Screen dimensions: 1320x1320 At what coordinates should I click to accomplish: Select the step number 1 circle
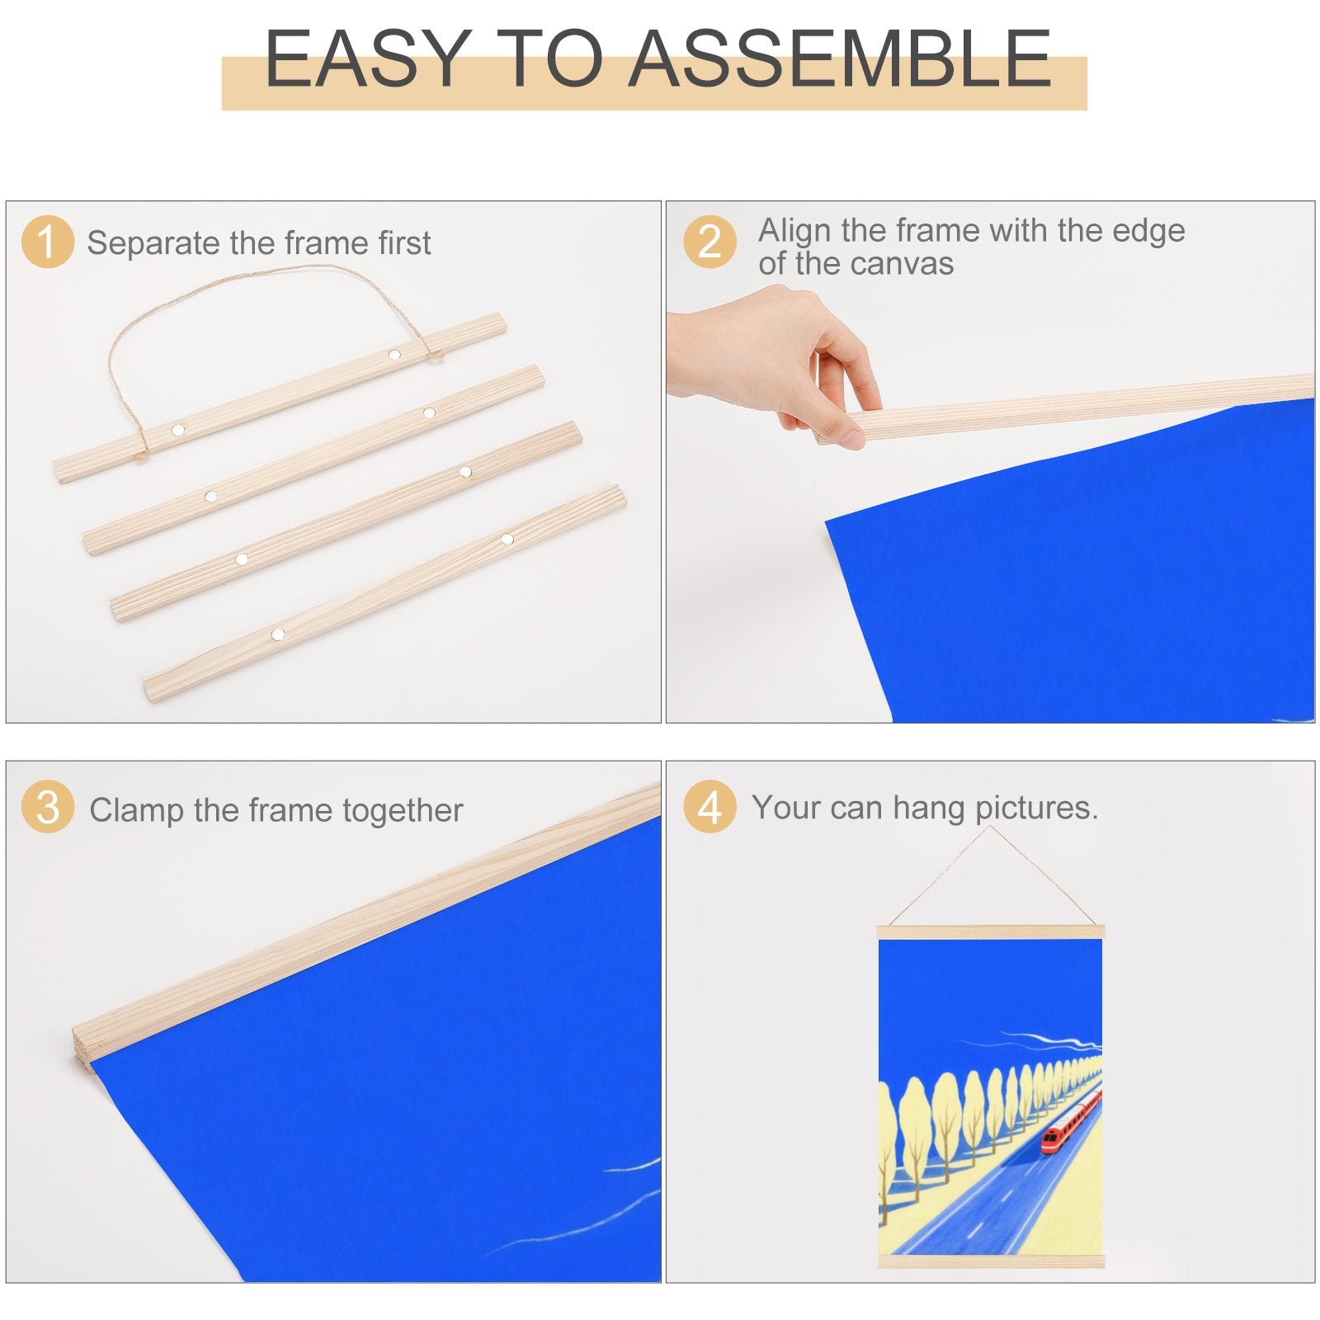click(48, 242)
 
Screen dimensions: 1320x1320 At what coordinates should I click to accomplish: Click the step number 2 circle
click(709, 242)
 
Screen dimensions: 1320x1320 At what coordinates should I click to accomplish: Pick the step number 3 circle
click(48, 807)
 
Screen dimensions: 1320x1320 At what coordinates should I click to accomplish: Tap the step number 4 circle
click(709, 807)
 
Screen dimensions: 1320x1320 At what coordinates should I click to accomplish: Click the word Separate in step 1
click(155, 244)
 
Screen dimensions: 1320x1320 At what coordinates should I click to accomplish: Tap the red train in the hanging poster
click(1070, 1120)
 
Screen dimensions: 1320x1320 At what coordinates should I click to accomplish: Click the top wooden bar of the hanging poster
click(990, 932)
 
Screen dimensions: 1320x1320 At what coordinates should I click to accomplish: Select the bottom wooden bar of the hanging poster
click(990, 1261)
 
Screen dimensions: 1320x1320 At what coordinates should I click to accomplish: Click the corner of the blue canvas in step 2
click(827, 521)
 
